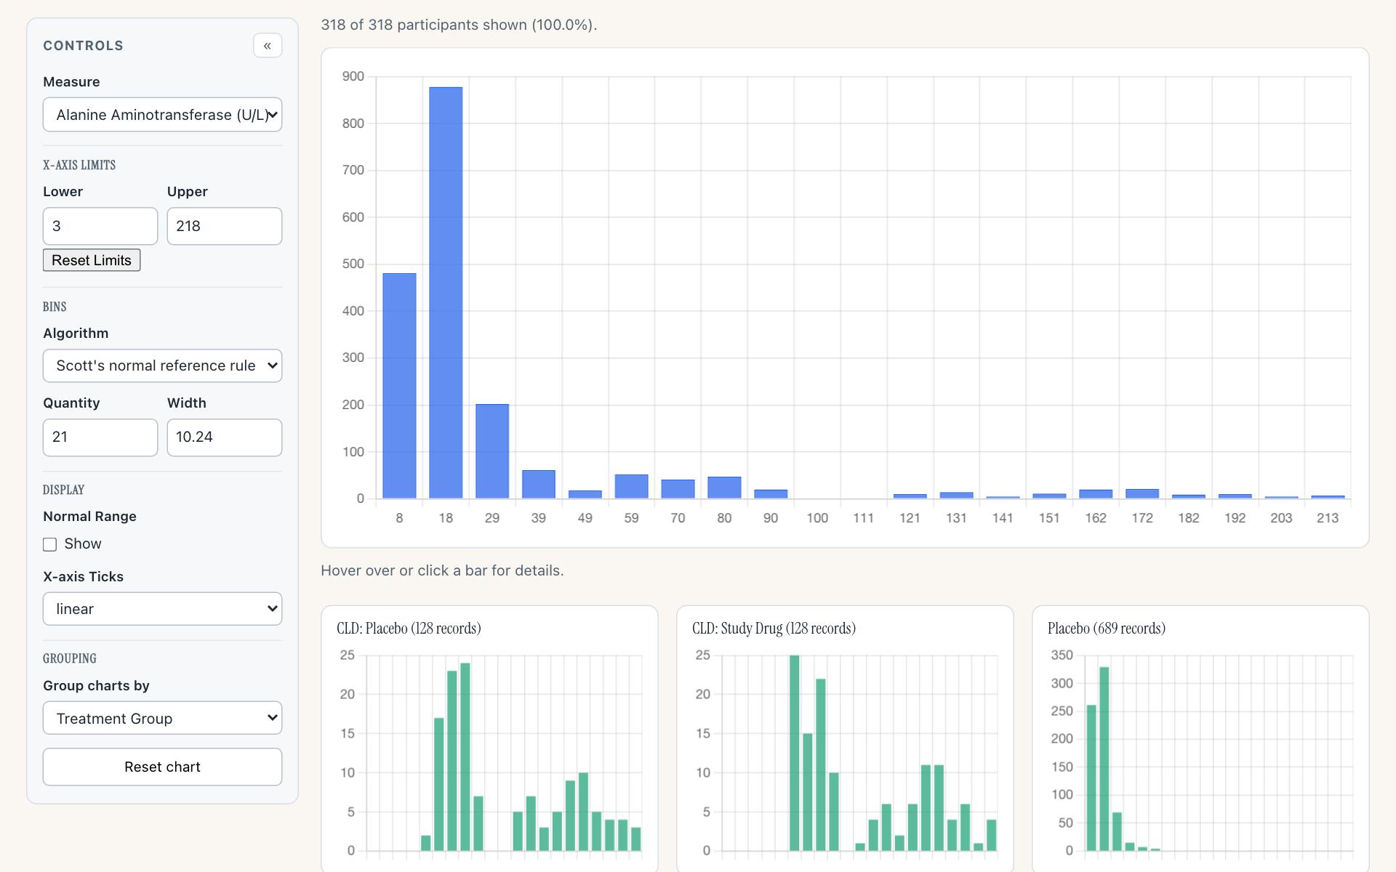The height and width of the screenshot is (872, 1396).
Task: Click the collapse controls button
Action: click(268, 46)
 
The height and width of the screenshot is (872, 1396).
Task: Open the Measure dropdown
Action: click(162, 115)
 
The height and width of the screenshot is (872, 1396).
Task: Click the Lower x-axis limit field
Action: click(100, 226)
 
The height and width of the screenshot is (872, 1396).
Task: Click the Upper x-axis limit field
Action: click(225, 226)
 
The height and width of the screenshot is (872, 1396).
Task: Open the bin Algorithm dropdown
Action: click(162, 366)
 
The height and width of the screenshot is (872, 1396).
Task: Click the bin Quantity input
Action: click(100, 437)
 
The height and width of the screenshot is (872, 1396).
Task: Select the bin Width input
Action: click(225, 437)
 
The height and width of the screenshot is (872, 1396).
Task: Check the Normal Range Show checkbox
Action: click(49, 544)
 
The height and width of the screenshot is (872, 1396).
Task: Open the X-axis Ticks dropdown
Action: click(162, 609)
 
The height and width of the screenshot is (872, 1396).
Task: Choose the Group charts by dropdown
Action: click(162, 718)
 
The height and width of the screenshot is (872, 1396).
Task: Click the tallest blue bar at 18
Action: click(446, 293)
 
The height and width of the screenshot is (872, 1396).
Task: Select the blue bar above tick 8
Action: click(399, 386)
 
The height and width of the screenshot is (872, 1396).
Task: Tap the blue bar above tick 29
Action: click(492, 451)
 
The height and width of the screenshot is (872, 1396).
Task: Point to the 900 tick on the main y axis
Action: click(353, 76)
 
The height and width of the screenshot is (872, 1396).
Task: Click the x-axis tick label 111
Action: click(863, 518)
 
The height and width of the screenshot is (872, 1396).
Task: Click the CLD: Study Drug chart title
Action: click(774, 629)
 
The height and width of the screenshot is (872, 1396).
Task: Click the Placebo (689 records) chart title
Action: click(1107, 629)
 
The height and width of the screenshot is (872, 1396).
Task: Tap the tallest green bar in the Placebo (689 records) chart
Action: click(1104, 759)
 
